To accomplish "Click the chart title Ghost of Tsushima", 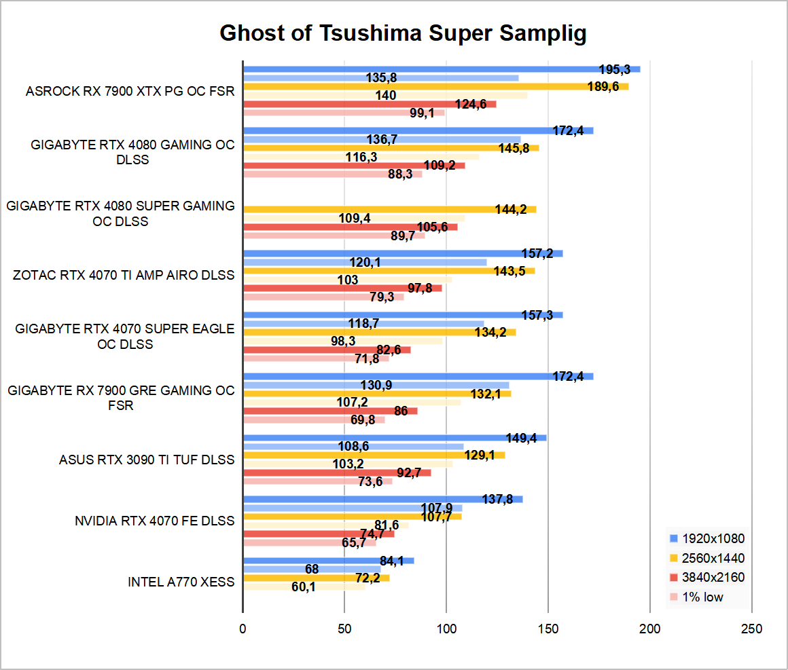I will point(403,33).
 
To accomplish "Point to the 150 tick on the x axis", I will point(548,628).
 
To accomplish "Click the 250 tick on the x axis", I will point(752,628).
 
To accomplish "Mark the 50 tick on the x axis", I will point(344,628).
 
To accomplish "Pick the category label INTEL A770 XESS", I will point(181,582).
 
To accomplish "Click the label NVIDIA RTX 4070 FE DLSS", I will point(154,521).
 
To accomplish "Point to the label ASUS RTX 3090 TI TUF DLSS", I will point(147,460).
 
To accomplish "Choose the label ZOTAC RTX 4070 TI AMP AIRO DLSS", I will point(124,275).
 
